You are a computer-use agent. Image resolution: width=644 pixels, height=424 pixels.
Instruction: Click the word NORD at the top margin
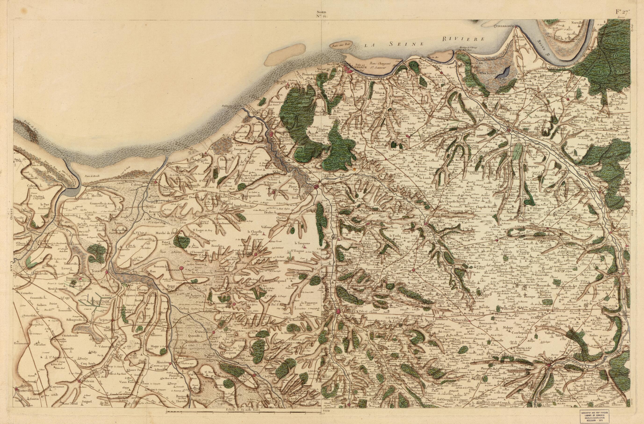tap(322, 12)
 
